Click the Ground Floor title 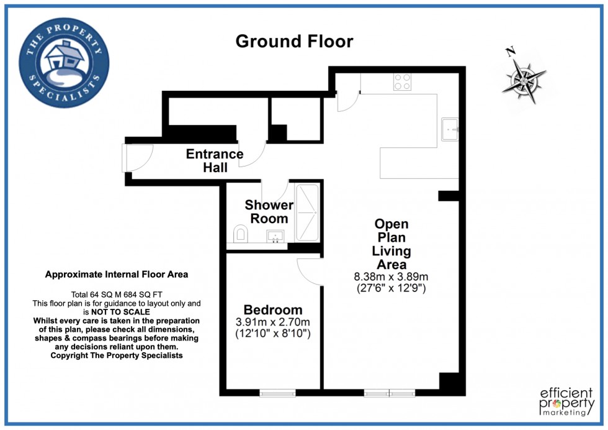pos(294,41)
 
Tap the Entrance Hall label pos(215,160)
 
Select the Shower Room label pos(269,211)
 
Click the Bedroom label pos(273,309)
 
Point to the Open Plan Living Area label pos(391,244)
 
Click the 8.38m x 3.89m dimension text pos(391,277)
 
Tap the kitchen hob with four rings pos(402,82)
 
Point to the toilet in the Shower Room pos(241,234)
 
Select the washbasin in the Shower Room pos(275,237)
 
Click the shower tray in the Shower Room pos(306,213)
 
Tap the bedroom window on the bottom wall pos(277,393)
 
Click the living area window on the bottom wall pos(389,393)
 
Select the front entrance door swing pos(136,156)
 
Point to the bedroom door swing pos(310,271)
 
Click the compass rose pos(523,78)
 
